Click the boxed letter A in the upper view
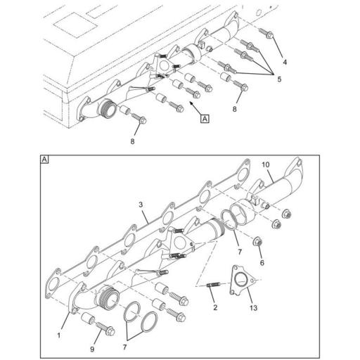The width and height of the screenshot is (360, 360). pos(205,120)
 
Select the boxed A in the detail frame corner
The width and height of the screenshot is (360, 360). pos(45,160)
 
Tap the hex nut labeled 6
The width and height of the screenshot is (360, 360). pos(259,243)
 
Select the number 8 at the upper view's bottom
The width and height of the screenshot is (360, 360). pos(132,142)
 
